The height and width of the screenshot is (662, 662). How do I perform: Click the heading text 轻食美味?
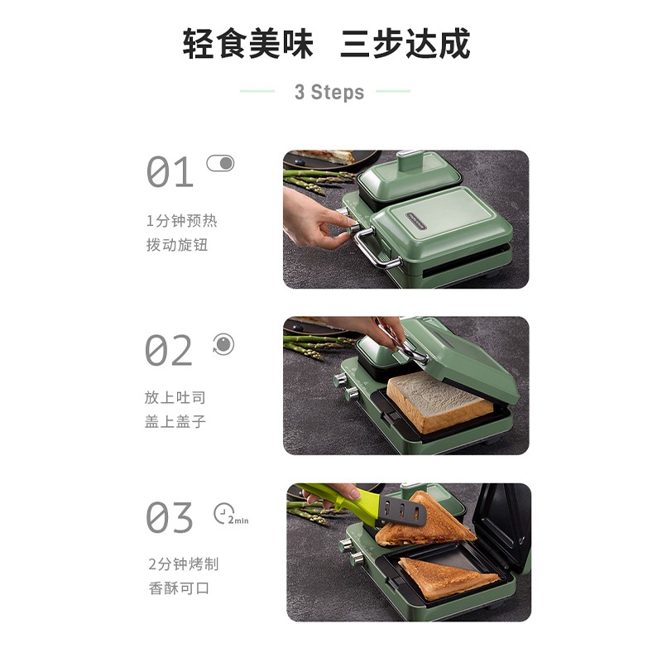[247, 44]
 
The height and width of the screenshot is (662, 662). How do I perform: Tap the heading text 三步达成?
[405, 44]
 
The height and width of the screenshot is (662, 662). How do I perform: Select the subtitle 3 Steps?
[329, 92]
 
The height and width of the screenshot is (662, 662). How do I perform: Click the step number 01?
[170, 172]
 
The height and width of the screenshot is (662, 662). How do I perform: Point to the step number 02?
[169, 350]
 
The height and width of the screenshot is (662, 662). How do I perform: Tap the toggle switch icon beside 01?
[220, 163]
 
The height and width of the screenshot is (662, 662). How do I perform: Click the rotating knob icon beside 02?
[223, 344]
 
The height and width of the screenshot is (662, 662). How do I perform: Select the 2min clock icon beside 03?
[231, 514]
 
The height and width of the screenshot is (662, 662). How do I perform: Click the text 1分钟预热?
[181, 221]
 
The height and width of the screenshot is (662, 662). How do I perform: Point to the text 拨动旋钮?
[177, 245]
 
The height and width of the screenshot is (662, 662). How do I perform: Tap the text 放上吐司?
[175, 397]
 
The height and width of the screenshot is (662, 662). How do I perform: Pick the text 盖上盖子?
[175, 421]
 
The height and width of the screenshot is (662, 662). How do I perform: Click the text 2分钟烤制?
[183, 564]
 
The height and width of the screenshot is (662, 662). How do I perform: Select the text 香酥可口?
[179, 588]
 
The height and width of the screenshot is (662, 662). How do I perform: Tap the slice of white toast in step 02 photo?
[439, 402]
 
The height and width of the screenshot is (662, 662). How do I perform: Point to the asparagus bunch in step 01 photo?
[317, 180]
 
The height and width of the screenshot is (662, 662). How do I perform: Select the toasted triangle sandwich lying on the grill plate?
[449, 577]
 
